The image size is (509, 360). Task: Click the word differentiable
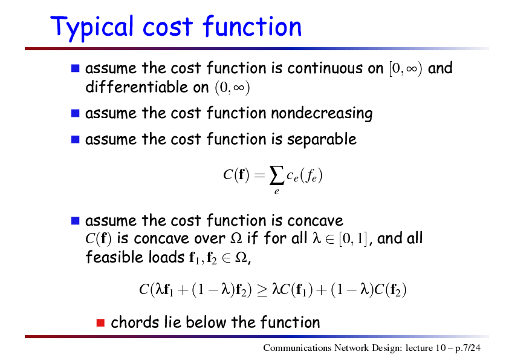tap(147, 87)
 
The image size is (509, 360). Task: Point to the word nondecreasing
tap(322, 114)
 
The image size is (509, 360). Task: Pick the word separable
tap(322, 140)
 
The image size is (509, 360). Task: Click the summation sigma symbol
tap(276, 176)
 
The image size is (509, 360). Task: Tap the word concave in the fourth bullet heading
tap(315, 221)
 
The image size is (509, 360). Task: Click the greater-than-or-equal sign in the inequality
tap(262, 290)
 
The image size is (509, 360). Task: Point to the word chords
tap(135, 322)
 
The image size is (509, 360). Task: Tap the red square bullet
tap(100, 322)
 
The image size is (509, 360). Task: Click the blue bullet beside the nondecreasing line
tap(76, 113)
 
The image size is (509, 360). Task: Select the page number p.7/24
tap(468, 349)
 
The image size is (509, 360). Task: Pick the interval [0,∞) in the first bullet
tap(406, 68)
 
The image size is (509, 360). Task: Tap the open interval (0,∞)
tap(232, 88)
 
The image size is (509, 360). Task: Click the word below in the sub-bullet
tap(206, 322)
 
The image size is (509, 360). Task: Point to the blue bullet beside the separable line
tap(76, 139)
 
